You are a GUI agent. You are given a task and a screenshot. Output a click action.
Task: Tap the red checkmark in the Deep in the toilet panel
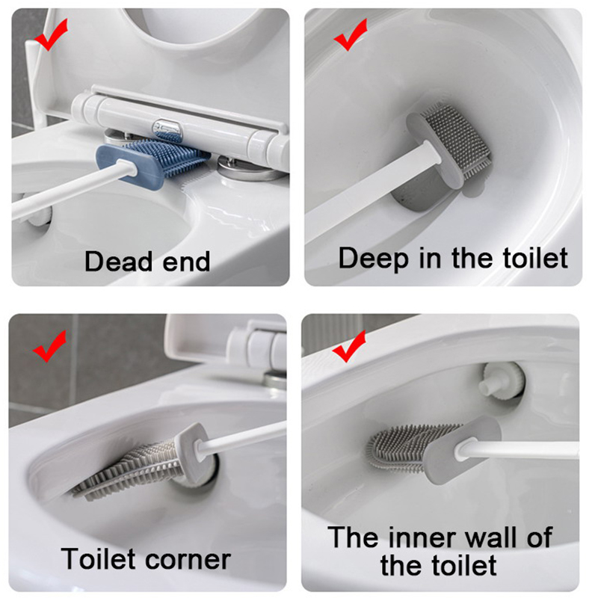349,36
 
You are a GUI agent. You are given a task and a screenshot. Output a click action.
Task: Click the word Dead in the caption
119,262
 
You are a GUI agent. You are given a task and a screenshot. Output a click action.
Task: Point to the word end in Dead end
186,262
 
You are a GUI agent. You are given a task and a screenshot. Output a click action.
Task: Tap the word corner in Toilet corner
188,560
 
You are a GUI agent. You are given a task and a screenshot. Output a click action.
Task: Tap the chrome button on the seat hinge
167,129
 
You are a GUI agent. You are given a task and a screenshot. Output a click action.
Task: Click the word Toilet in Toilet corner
99,558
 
